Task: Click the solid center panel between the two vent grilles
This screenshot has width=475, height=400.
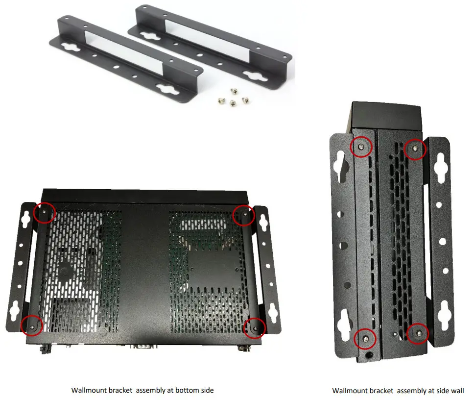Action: (145, 270)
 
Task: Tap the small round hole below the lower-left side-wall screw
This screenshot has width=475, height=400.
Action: (368, 352)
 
